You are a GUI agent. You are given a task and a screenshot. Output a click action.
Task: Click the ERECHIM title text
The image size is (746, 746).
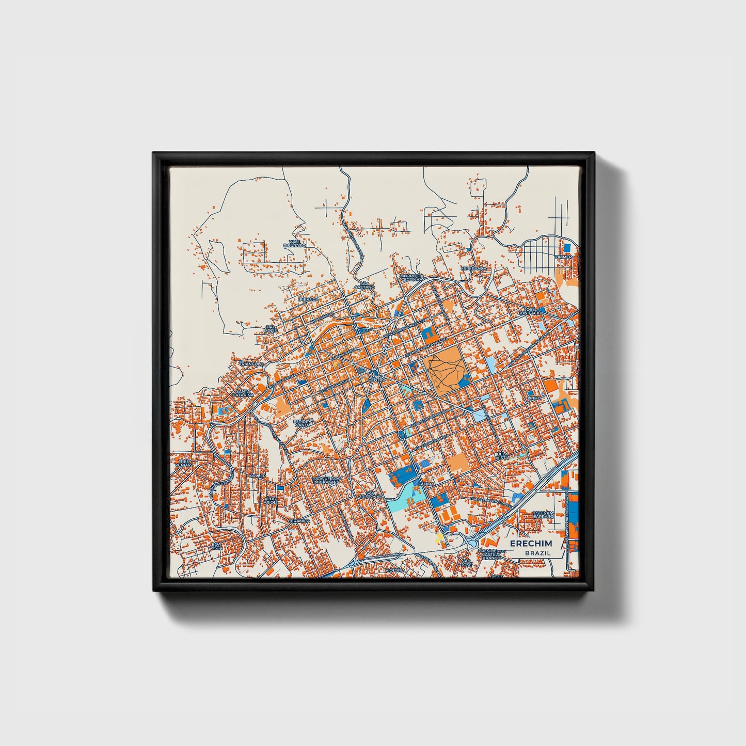(531, 544)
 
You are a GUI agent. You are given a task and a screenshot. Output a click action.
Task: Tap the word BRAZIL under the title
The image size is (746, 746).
(537, 553)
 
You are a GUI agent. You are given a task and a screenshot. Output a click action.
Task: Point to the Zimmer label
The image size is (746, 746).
(563, 257)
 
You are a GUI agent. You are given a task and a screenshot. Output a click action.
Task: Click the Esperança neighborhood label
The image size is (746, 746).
(473, 269)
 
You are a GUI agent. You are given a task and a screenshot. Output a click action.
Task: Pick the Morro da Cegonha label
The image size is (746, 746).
(411, 278)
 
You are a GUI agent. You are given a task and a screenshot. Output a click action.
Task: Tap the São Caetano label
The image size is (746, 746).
(364, 285)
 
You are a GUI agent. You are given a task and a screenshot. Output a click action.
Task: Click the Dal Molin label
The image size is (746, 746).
(271, 328)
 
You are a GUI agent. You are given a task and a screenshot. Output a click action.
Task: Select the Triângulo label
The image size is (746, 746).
(251, 363)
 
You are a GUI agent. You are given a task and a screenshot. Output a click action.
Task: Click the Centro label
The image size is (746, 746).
(377, 379)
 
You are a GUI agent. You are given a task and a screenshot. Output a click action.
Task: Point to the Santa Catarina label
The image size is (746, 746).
(244, 393)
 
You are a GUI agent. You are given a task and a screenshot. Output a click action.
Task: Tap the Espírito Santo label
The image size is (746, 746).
(303, 423)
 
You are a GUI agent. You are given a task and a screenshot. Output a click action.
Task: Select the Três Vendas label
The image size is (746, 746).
(184, 463)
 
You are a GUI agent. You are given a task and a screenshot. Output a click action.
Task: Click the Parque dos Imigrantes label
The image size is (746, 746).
(326, 480)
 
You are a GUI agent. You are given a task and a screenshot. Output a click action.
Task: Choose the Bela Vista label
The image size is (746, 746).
(502, 456)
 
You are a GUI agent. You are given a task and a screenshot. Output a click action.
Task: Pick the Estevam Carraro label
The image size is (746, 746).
(543, 514)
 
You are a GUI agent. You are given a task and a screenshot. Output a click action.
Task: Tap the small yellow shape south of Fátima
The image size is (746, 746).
(440, 539)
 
